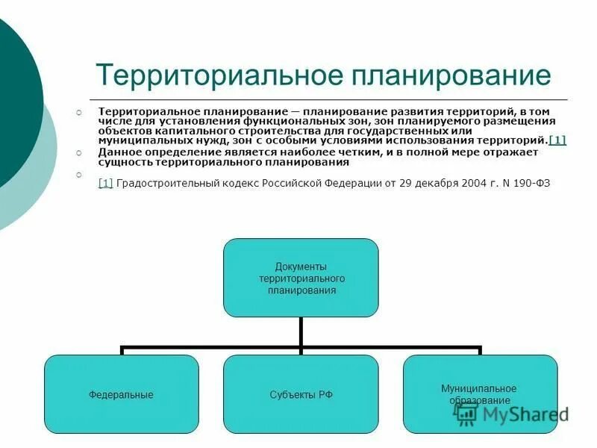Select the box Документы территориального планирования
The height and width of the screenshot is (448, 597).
click(x=301, y=278)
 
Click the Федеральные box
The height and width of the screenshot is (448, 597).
click(x=121, y=394)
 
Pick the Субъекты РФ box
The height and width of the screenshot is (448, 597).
click(x=301, y=394)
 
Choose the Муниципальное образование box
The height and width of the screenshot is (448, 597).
click(x=480, y=394)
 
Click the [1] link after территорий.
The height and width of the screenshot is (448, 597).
click(x=557, y=140)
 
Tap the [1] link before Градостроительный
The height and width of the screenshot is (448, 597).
click(x=105, y=183)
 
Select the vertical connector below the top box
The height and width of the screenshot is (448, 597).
click(x=301, y=331)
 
